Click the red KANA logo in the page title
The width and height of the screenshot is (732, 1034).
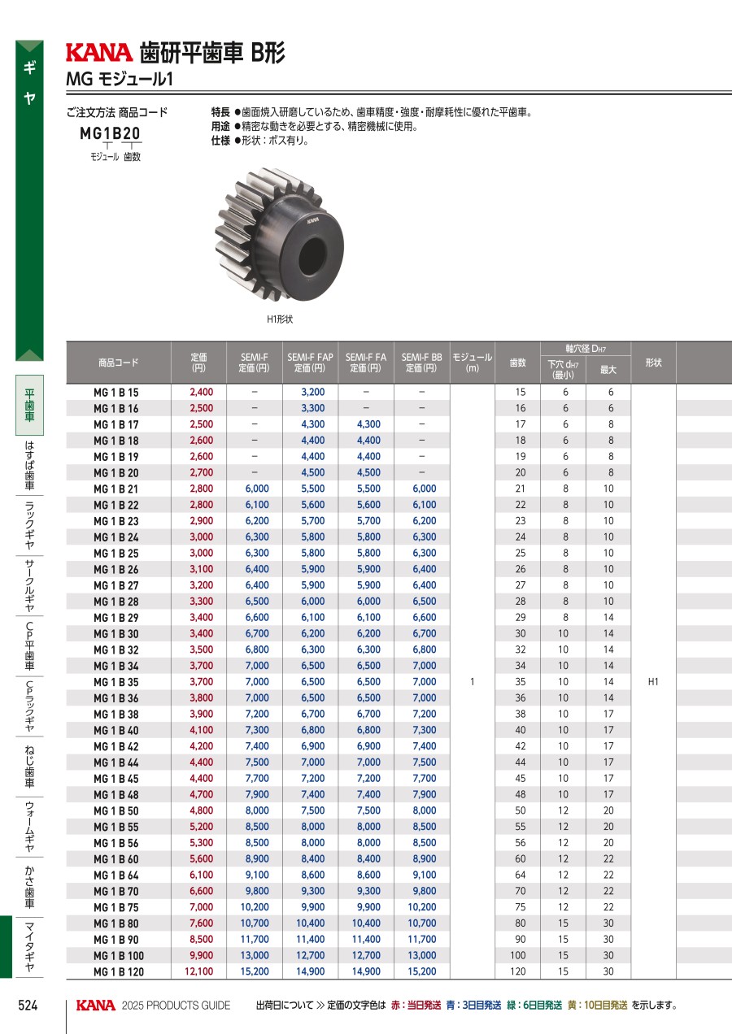pos(99,52)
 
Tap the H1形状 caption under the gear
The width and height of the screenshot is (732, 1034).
pos(280,319)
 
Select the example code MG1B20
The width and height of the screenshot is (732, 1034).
pos(110,133)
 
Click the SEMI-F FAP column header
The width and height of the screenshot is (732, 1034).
pos(310,363)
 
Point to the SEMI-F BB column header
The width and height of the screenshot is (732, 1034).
pos(421,363)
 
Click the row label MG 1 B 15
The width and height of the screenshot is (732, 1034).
pos(116,393)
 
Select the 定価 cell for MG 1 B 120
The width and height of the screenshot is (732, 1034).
pos(199,971)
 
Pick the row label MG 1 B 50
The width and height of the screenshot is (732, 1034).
pos(116,810)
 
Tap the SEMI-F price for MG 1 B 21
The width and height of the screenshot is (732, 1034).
pos(257,489)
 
